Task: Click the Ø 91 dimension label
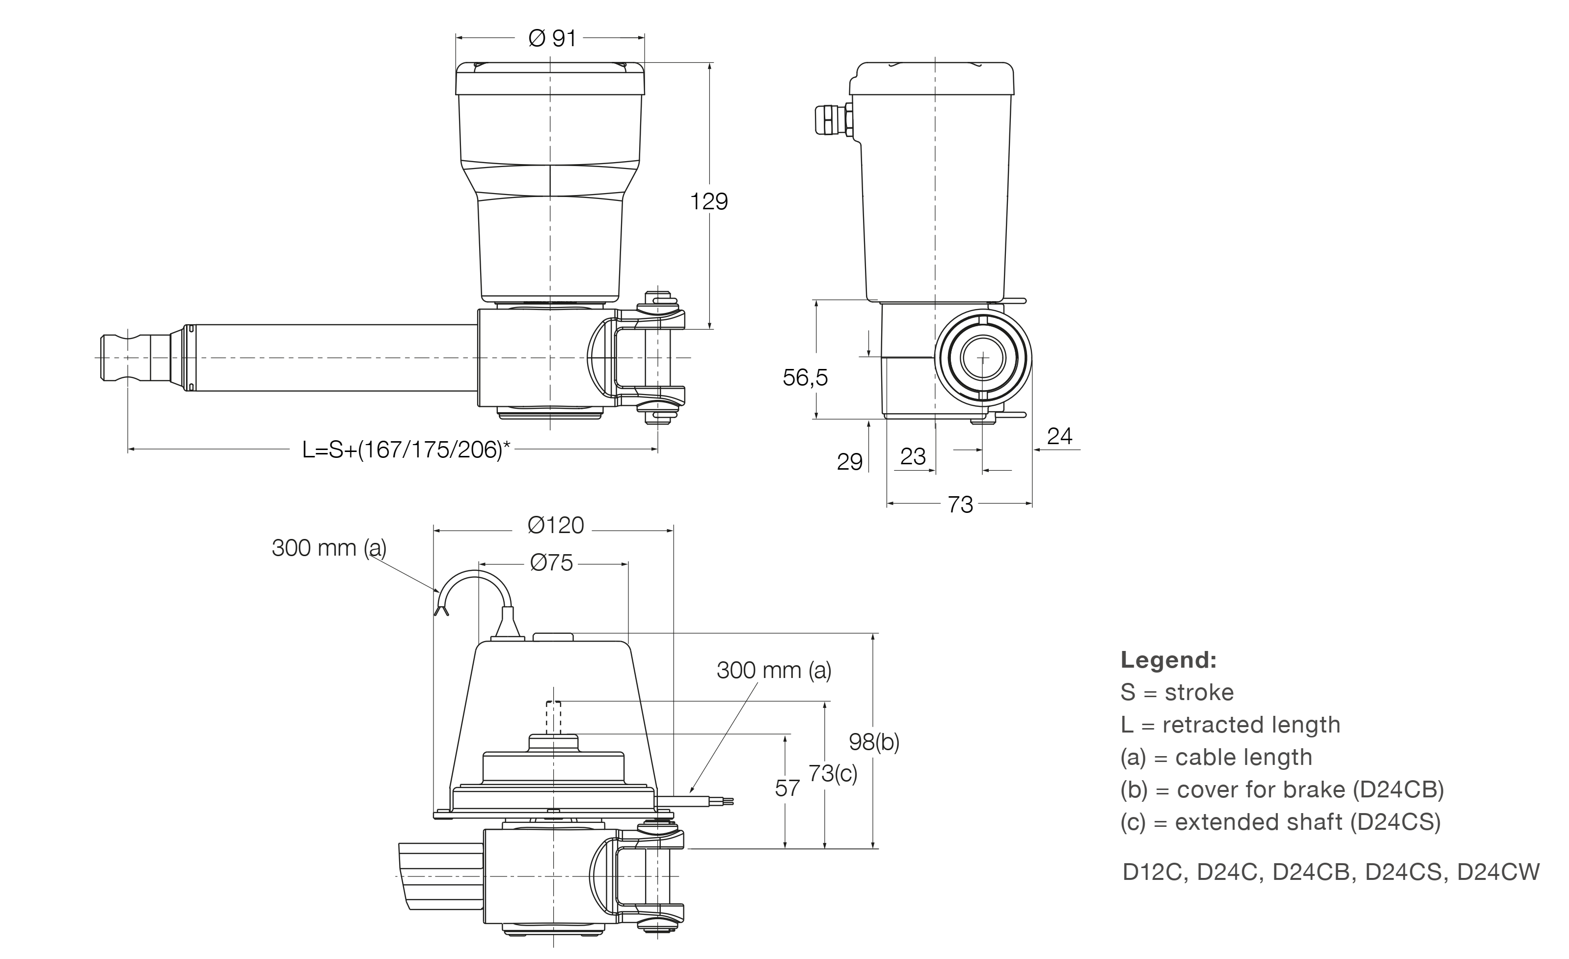point(551,39)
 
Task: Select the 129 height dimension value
point(709,201)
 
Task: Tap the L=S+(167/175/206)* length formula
point(406,450)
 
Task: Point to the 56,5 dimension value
point(805,378)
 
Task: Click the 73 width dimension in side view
point(960,505)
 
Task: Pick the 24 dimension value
point(1059,436)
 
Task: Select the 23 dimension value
point(913,456)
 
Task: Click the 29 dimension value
point(849,462)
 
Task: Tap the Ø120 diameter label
point(555,526)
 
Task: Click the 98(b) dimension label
point(874,742)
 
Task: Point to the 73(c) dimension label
point(832,773)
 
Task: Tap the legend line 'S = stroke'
point(1177,693)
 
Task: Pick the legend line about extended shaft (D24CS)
point(1280,822)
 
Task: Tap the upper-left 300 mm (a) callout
point(328,548)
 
